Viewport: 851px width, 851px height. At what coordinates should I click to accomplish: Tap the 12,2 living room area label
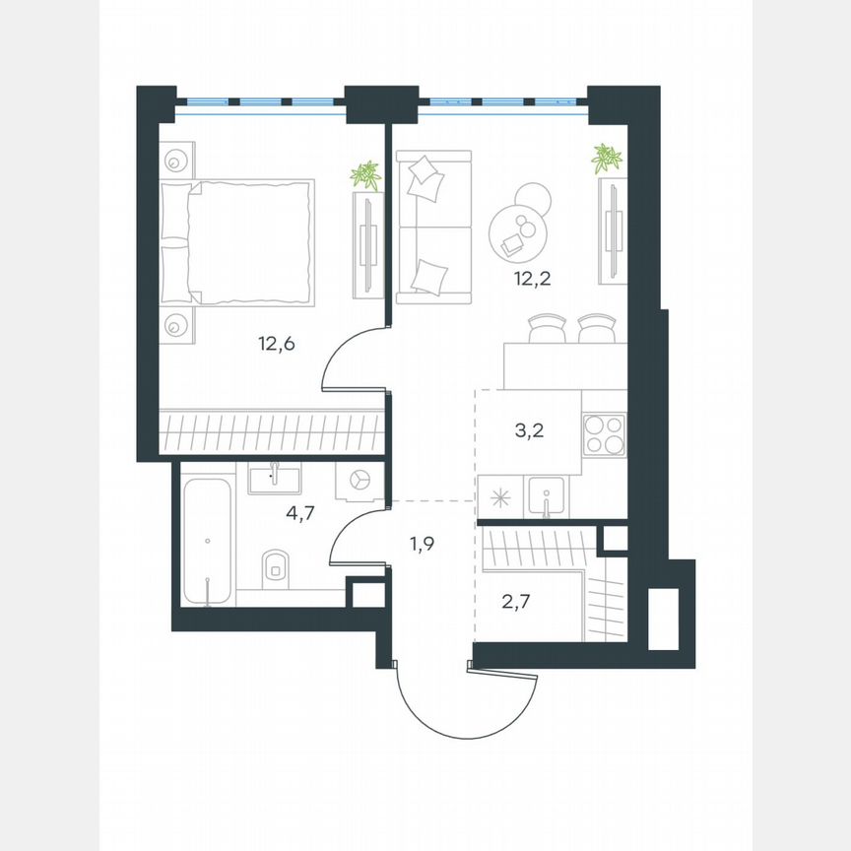pos(531,278)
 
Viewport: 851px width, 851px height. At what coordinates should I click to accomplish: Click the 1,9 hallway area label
pos(423,542)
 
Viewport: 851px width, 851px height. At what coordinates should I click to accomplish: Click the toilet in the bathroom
pos(276,565)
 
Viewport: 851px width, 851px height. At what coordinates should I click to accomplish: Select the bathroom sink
pos(275,480)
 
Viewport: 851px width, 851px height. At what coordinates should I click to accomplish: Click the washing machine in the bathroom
pos(359,480)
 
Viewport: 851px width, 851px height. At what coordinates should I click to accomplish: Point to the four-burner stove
pos(604,435)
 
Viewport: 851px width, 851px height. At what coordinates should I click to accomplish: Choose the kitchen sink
pos(545,495)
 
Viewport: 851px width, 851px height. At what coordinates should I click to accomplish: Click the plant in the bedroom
pos(366,176)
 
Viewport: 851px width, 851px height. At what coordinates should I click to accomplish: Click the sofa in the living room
pos(433,228)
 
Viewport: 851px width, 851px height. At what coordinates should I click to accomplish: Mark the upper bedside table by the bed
pos(177,160)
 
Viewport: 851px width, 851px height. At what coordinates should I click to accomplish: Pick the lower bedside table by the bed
pos(177,322)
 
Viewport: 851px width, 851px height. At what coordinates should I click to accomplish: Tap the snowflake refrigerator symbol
pos(500,496)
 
